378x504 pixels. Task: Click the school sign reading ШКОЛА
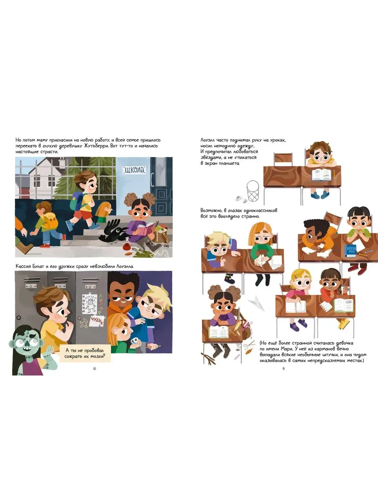(x=134, y=170)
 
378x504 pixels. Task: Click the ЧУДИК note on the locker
(x=96, y=320)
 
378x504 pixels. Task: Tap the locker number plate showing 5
(x=90, y=286)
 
